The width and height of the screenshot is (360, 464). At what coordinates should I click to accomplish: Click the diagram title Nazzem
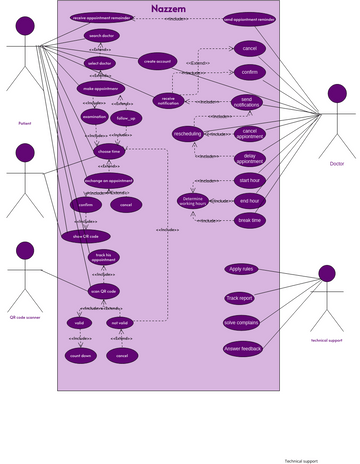173,7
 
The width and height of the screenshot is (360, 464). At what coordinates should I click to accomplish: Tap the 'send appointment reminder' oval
250,19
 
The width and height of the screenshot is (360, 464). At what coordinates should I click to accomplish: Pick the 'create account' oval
158,61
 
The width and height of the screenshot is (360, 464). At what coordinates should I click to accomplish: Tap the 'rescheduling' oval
187,133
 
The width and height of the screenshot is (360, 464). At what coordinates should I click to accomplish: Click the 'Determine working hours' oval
199,200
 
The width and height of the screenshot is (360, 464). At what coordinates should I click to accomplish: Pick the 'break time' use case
250,220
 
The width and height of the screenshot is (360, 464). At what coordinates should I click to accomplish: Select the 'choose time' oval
109,151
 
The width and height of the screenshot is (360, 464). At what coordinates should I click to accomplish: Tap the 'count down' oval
80,355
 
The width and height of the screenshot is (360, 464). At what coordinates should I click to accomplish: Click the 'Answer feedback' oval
243,348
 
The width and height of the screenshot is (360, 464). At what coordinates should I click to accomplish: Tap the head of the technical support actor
326,273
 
